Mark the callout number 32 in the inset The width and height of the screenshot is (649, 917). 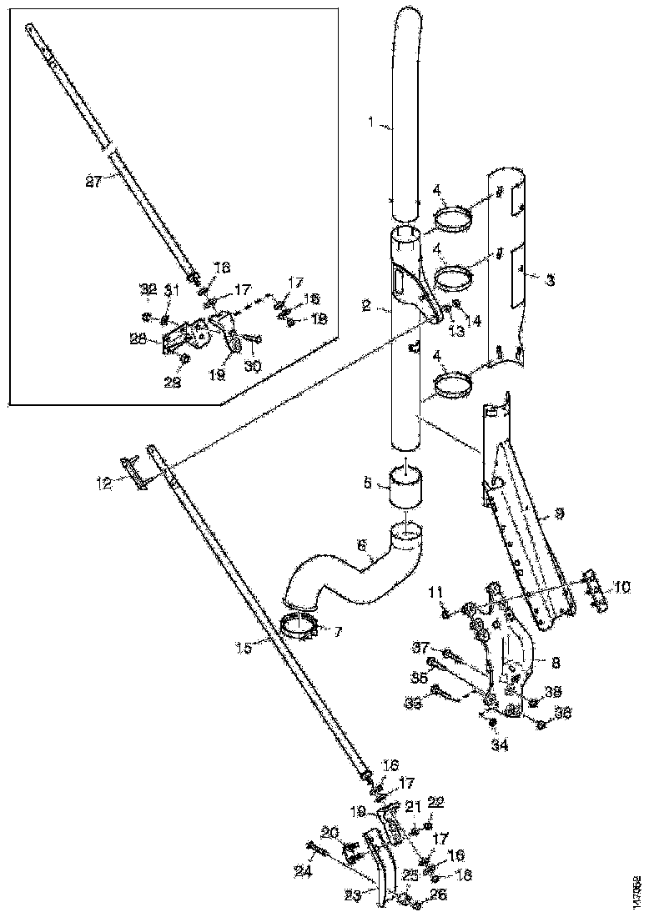[148, 289]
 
